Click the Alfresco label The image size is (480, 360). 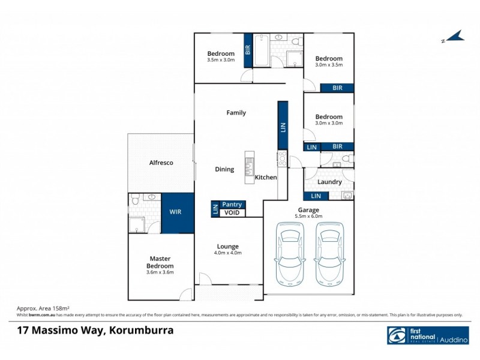pyautogui.click(x=161, y=163)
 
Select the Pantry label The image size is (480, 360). pyautogui.click(x=232, y=205)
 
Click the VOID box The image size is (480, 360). pyautogui.click(x=232, y=212)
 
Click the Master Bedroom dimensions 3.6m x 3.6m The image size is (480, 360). pyautogui.click(x=161, y=273)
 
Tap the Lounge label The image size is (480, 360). pyautogui.click(x=228, y=246)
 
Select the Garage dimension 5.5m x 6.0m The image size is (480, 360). pyautogui.click(x=308, y=216)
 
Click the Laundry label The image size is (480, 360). pyautogui.click(x=329, y=182)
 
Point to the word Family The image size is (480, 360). pyautogui.click(x=236, y=113)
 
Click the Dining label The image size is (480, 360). pyautogui.click(x=224, y=169)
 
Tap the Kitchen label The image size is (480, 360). pyautogui.click(x=266, y=178)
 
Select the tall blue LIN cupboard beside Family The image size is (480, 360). pyautogui.click(x=283, y=125)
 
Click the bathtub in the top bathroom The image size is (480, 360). pyautogui.click(x=261, y=51)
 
